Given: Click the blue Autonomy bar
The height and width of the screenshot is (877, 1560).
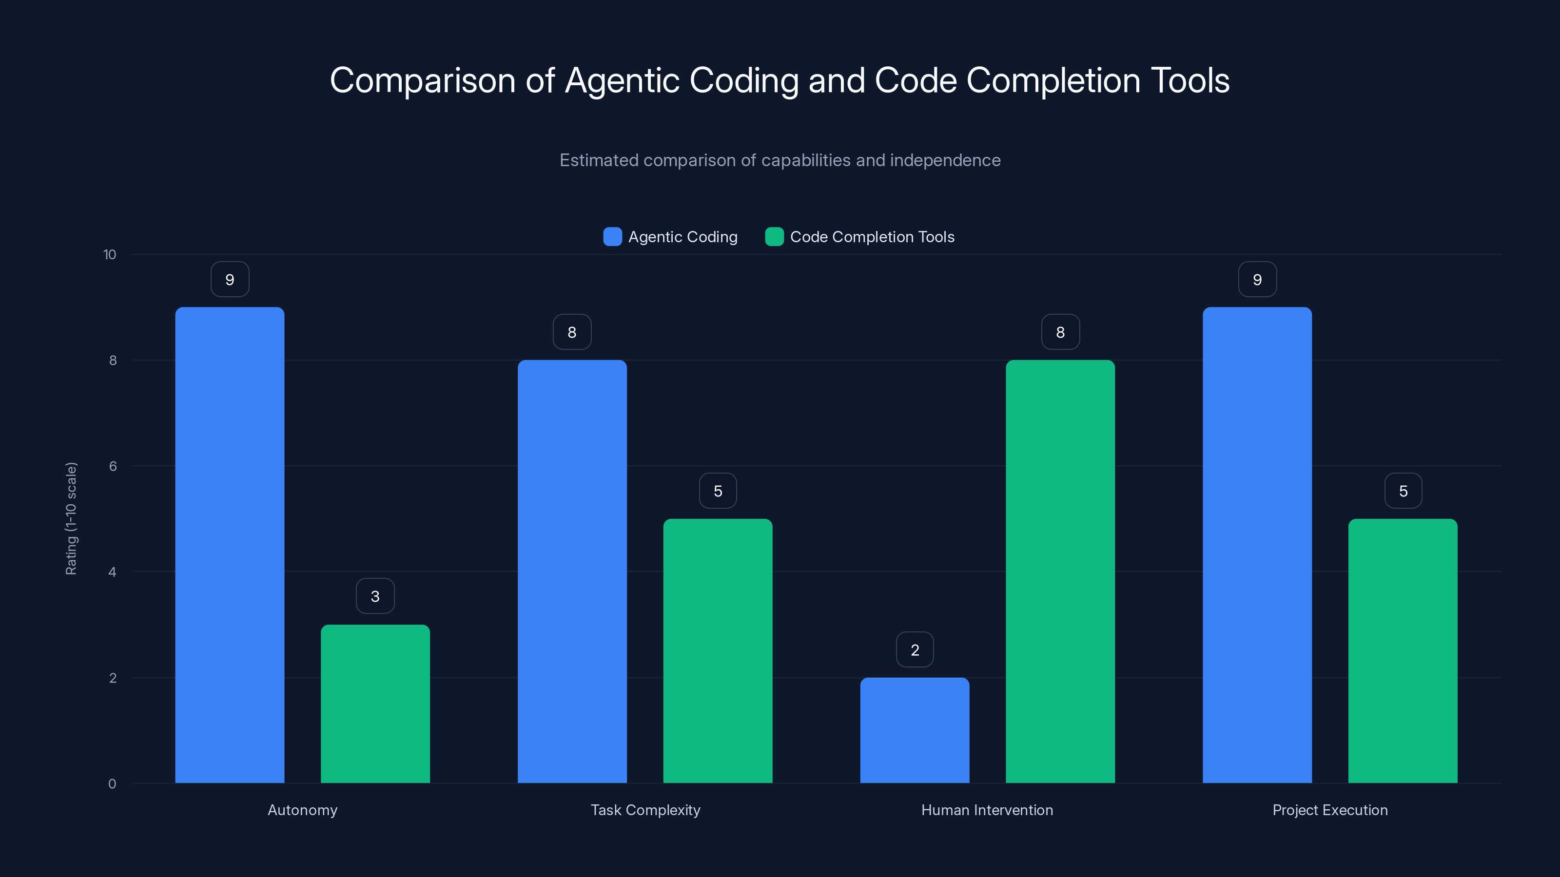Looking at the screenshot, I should coord(230,545).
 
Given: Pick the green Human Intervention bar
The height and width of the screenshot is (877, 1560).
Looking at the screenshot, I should coord(1060,572).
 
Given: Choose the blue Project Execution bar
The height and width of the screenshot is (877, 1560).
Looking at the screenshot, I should coord(1257,545).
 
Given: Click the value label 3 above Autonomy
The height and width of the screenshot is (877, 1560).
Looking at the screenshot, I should coord(375,596).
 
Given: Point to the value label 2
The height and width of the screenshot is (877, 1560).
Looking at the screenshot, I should coord(915,649).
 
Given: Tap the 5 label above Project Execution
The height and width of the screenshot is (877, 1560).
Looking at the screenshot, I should coord(1403,491).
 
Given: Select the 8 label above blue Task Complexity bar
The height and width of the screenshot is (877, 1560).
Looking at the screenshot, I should coord(572,332).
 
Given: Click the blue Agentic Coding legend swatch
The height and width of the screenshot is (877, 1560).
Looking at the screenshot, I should coord(612,237).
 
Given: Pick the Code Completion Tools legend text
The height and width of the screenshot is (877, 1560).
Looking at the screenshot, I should coord(872,237).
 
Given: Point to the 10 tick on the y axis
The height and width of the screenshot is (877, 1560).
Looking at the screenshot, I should coord(110,254).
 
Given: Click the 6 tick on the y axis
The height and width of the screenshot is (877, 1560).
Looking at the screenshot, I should coord(113,466).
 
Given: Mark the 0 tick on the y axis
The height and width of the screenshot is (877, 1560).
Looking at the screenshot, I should coord(112,784).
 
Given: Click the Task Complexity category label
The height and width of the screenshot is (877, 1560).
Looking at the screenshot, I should coord(645,810).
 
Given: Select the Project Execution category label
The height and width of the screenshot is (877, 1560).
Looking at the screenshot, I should coord(1330,810).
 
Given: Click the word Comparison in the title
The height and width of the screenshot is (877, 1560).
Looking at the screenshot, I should coord(422,80).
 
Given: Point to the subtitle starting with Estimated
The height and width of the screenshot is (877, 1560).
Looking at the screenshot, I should coord(780,160).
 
